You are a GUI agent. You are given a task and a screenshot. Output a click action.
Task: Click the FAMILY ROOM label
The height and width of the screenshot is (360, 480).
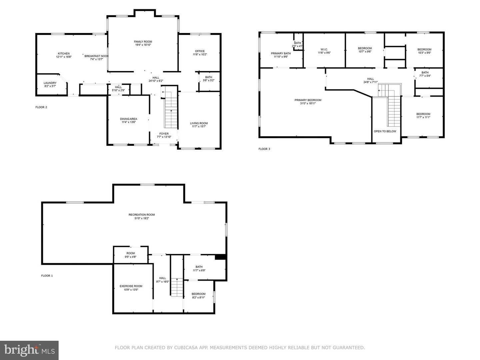click(x=143, y=42)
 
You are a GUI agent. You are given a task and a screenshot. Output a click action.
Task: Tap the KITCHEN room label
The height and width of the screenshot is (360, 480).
click(x=64, y=54)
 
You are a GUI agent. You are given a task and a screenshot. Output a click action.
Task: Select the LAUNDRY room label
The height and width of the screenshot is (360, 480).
click(x=50, y=83)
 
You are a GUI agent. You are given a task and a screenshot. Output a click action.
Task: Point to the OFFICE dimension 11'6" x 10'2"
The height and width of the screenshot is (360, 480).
click(x=200, y=55)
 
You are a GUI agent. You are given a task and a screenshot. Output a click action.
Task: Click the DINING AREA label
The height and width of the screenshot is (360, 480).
click(x=128, y=119)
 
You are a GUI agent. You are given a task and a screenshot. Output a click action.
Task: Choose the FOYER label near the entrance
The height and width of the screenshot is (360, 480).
click(x=164, y=134)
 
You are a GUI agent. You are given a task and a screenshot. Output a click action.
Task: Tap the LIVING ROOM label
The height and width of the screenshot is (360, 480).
click(x=199, y=123)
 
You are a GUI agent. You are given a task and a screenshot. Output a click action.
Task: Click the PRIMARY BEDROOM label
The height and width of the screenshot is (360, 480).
click(x=308, y=100)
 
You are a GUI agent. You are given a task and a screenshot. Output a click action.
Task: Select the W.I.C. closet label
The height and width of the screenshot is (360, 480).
click(x=324, y=49)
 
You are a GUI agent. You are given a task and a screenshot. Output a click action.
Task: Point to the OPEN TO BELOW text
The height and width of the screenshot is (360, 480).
click(x=385, y=131)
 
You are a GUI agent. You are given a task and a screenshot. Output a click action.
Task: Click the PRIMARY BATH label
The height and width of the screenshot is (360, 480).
click(x=281, y=53)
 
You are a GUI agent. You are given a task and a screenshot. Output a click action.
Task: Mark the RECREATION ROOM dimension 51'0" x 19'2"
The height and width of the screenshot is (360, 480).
click(x=142, y=218)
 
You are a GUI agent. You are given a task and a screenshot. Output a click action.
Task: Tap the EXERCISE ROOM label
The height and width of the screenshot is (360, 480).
click(x=131, y=286)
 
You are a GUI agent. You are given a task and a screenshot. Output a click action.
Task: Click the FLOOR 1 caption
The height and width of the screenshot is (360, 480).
click(x=47, y=276)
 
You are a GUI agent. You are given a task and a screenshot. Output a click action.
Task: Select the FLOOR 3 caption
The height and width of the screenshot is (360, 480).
click(x=264, y=149)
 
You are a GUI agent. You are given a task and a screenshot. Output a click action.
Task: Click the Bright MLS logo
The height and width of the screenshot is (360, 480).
click(x=29, y=350)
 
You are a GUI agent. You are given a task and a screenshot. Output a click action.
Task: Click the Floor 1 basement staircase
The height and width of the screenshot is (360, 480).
click(x=177, y=287)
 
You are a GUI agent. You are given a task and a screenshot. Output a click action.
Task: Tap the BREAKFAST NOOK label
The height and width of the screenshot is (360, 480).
click(x=96, y=56)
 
